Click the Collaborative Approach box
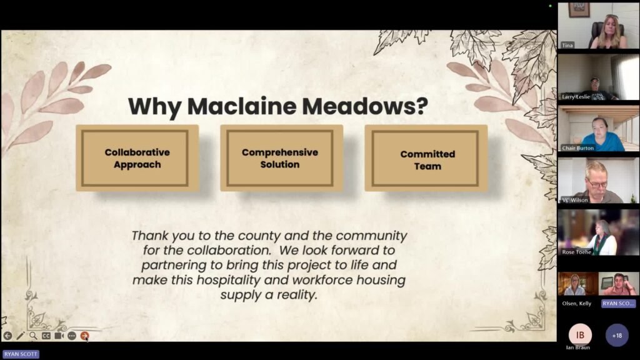[x=137, y=158]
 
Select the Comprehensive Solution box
[x=282, y=158]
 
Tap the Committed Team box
[x=426, y=158]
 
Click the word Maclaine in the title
[x=242, y=106]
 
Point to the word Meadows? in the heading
[x=365, y=106]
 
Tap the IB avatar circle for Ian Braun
[x=580, y=335]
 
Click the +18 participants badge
[x=617, y=336]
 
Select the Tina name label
[x=567, y=45]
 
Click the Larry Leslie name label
[x=576, y=97]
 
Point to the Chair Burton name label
[x=577, y=148]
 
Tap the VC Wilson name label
[x=575, y=200]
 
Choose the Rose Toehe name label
[x=576, y=252]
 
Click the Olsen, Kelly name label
[x=576, y=304]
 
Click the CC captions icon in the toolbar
[x=46, y=336]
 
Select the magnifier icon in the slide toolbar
[x=33, y=336]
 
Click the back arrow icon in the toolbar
[x=7, y=336]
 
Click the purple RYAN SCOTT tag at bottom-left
[x=21, y=354]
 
